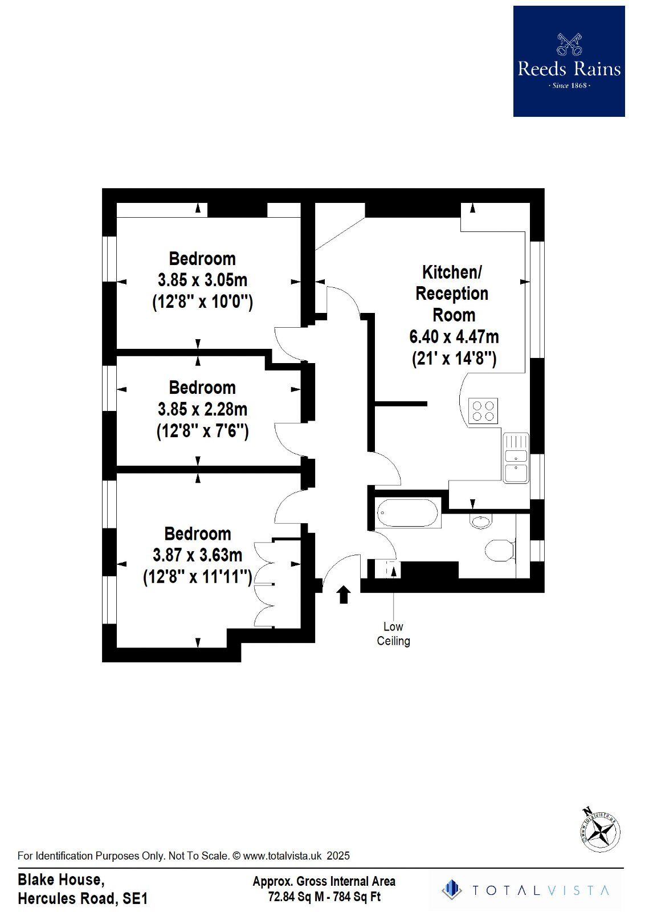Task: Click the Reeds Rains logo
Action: (569, 62)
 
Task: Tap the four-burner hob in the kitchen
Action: (483, 410)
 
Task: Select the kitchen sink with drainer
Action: (516, 457)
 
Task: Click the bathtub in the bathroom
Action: (408, 513)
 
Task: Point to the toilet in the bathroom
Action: (500, 550)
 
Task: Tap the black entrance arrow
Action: (344, 595)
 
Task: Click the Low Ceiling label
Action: (393, 633)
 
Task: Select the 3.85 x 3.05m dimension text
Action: (202, 280)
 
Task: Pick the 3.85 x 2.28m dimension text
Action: (202, 409)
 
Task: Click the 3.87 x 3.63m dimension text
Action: (197, 555)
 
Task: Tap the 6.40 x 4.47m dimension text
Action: (454, 337)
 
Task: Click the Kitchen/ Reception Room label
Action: (452, 294)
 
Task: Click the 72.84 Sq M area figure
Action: (296, 897)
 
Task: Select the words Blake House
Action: (61, 880)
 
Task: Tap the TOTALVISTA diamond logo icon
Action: (451, 890)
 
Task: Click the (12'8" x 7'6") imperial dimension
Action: (202, 431)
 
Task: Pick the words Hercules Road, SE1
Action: (83, 899)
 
